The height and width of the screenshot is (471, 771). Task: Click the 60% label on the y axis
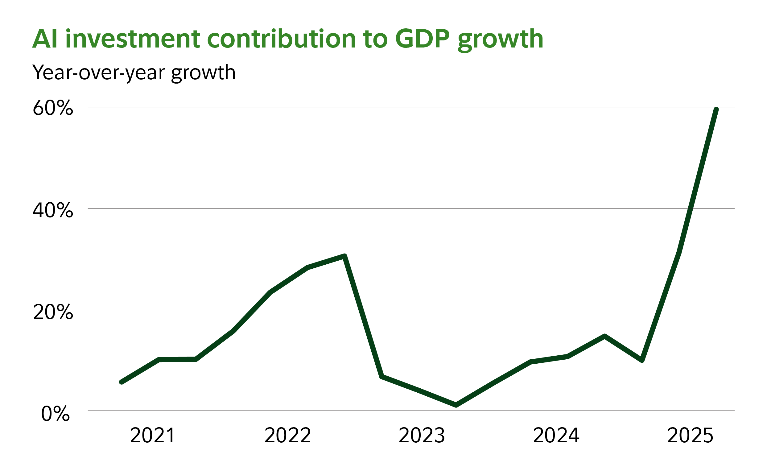(53, 108)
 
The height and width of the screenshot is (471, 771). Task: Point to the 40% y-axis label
(53, 210)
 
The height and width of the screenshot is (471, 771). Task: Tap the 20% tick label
(53, 312)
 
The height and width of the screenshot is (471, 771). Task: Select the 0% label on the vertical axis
(56, 414)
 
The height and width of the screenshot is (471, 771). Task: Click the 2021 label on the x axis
(152, 436)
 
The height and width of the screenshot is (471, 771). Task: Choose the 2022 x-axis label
(287, 436)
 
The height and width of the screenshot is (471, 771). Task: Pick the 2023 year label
(422, 436)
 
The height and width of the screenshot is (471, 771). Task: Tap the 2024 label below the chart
(556, 436)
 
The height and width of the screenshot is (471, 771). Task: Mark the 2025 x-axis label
(690, 436)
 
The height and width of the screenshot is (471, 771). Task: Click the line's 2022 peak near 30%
(344, 256)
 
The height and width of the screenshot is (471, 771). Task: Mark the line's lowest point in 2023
(456, 405)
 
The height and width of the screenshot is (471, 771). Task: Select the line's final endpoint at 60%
(716, 109)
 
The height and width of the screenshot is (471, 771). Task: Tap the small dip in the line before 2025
(642, 360)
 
